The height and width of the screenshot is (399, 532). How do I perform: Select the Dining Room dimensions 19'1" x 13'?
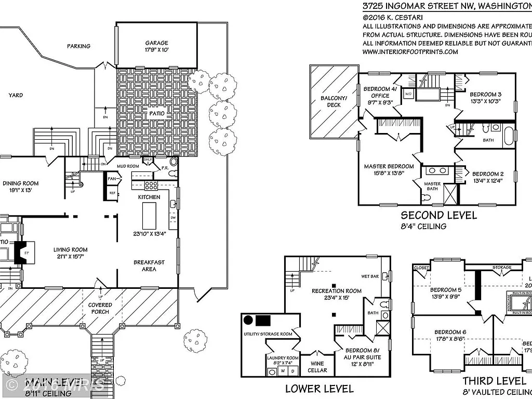tap(21, 191)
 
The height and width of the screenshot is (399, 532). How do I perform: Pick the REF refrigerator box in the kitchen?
tap(112, 193)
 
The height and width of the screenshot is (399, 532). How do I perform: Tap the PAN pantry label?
tap(112, 179)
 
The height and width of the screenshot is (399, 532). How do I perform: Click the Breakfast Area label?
tap(149, 265)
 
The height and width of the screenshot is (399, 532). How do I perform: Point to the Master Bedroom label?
tap(389, 166)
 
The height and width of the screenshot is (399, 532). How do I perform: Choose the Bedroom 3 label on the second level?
tap(486, 94)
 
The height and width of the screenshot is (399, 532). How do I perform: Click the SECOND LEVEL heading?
tap(438, 215)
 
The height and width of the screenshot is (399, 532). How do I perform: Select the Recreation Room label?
tap(336, 290)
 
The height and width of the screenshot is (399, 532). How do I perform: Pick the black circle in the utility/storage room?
tap(248, 320)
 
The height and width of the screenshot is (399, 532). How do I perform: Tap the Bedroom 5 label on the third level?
tap(445, 290)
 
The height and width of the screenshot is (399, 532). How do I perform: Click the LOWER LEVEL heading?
tap(320, 388)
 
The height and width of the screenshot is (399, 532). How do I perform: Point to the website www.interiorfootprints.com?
tap(410, 51)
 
